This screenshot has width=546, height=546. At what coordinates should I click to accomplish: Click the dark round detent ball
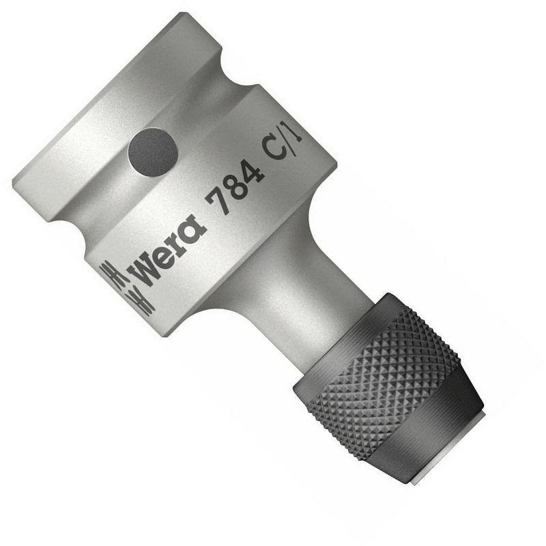tap(152, 153)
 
